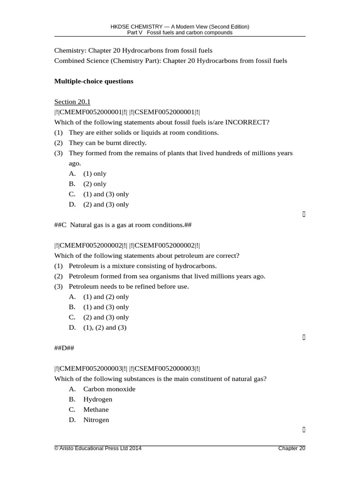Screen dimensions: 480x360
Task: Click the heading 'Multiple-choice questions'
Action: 94,82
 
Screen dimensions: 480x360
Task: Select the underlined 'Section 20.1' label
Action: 72,102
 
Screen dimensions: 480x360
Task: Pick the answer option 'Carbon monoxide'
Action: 109,389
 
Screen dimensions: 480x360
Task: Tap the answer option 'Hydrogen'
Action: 97,399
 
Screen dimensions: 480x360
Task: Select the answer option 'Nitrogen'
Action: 96,420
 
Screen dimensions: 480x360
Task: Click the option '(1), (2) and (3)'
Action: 105,328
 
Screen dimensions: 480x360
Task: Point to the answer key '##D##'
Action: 64,348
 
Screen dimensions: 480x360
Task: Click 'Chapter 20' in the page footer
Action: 292,449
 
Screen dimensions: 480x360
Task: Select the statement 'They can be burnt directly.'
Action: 107,143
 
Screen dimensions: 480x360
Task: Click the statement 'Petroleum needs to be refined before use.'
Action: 128,286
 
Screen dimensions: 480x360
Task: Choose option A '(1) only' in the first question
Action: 95,174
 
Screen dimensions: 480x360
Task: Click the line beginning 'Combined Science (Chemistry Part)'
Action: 171,61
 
